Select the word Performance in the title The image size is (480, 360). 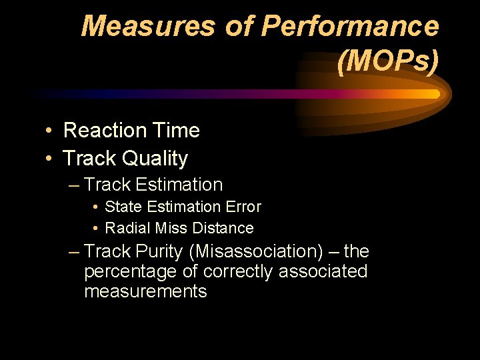(349, 27)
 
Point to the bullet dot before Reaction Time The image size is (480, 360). (50, 131)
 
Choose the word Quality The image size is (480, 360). (160, 159)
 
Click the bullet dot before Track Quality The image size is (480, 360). (50, 159)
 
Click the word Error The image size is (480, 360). (243, 207)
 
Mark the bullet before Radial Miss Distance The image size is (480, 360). (97, 229)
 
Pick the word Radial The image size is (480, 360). (128, 229)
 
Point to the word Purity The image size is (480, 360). (159, 252)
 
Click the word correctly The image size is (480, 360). (238, 272)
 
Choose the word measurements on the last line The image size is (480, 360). (145, 291)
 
